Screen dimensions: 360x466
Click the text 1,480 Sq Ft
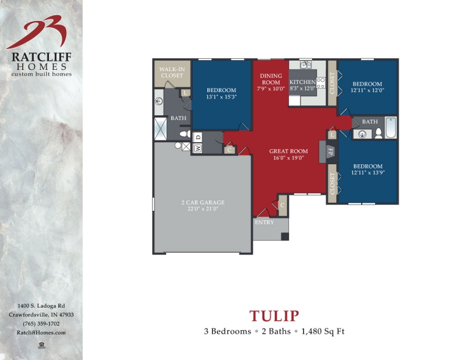tap(324, 331)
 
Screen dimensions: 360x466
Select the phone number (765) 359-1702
tap(41, 323)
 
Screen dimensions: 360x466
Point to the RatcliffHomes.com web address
tap(41, 332)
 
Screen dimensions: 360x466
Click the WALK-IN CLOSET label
tap(172, 72)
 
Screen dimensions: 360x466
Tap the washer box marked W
tap(198, 148)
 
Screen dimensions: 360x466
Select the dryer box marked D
tap(198, 137)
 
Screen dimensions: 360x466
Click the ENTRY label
tap(263, 222)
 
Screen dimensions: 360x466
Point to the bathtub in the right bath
tap(390, 128)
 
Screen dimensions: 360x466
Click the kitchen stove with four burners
tap(320, 83)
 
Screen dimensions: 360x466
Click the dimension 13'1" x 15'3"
tap(221, 97)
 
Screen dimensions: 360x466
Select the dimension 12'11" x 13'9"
tap(367, 173)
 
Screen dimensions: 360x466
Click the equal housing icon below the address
tap(41, 345)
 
